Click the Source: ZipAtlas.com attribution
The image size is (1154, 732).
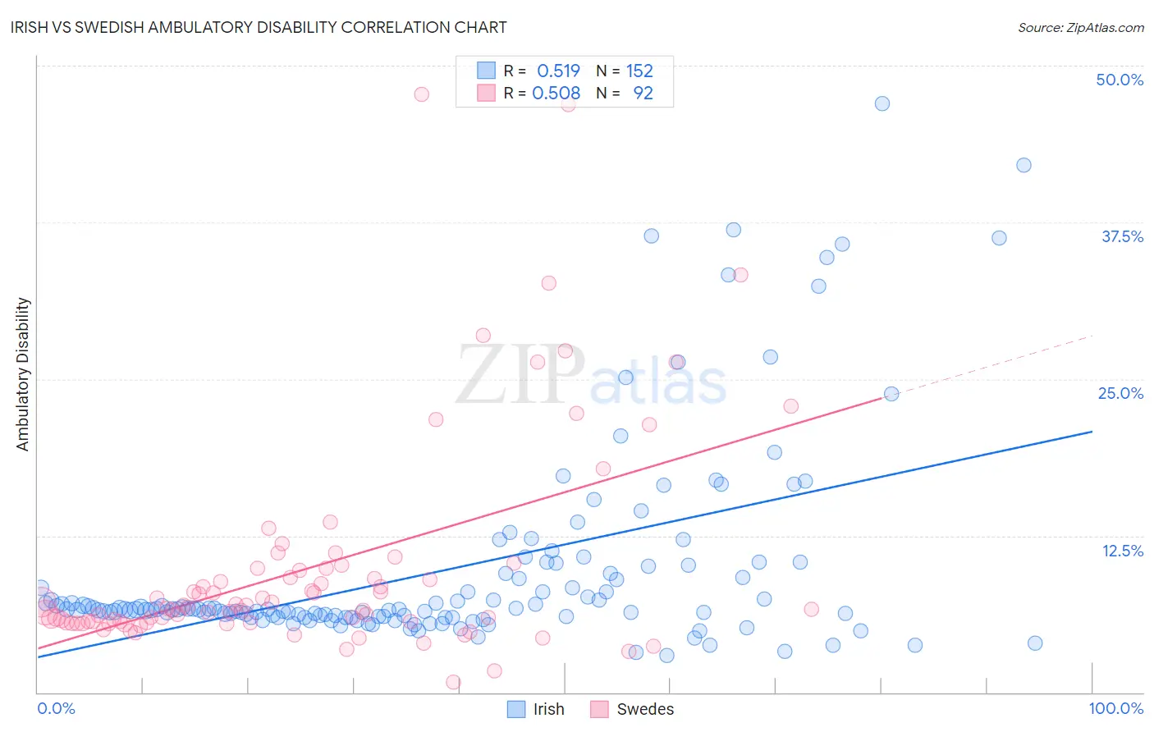pyautogui.click(x=1080, y=27)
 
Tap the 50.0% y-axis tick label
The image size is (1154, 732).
pyautogui.click(x=1120, y=80)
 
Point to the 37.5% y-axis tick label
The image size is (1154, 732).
pyautogui.click(x=1122, y=236)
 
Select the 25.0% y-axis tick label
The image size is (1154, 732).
pyautogui.click(x=1120, y=393)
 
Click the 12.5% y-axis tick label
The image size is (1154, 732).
pyautogui.click(x=1122, y=550)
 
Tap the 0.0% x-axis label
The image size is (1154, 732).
pyautogui.click(x=56, y=708)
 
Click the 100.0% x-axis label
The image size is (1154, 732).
pyautogui.click(x=1115, y=708)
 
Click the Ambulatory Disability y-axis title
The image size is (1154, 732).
pyautogui.click(x=23, y=374)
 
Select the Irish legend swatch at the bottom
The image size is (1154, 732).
pyautogui.click(x=515, y=709)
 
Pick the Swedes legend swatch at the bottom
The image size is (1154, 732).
pyautogui.click(x=599, y=709)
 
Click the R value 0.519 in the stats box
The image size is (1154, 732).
pyautogui.click(x=558, y=71)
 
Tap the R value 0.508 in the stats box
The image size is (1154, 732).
pyautogui.click(x=556, y=94)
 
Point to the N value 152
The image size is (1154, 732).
pyautogui.click(x=639, y=71)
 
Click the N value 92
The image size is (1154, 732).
pyautogui.click(x=643, y=94)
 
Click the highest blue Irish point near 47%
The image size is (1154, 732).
pyautogui.click(x=882, y=103)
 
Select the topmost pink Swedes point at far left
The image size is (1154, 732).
pyautogui.click(x=421, y=94)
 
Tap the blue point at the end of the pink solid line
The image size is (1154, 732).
pyautogui.click(x=891, y=394)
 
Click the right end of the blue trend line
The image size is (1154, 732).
pyautogui.click(x=1092, y=432)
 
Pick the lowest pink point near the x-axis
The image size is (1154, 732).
pyautogui.click(x=453, y=682)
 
